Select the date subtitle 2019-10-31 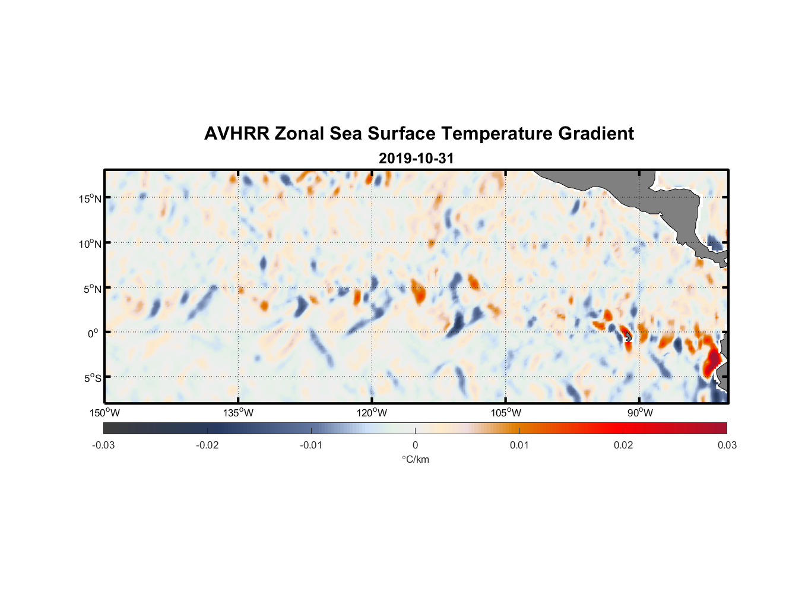point(416,159)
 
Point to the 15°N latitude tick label point(90,198)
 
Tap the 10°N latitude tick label point(90,244)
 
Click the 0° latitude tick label point(94,333)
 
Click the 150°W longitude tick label point(105,413)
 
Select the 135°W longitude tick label point(239,413)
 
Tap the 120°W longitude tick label point(372,413)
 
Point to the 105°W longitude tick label point(506,413)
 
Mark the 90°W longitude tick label point(640,413)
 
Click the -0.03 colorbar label point(103,445)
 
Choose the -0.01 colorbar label point(311,445)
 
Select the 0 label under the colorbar point(415,445)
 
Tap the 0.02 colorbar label point(623,445)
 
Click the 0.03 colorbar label point(727,445)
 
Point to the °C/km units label point(416,459)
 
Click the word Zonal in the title point(299,134)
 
